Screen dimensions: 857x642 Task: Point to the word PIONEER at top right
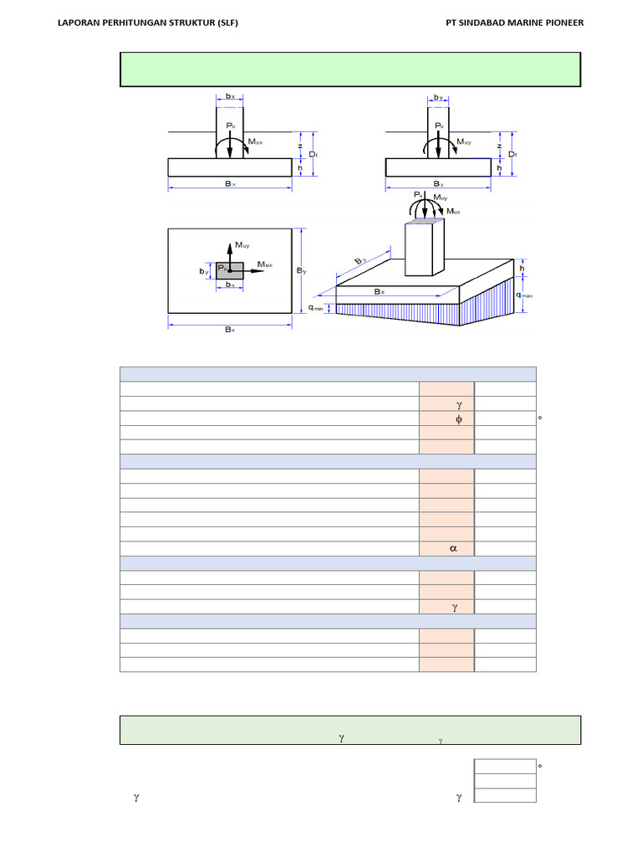(x=562, y=23)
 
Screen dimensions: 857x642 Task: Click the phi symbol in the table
(x=457, y=419)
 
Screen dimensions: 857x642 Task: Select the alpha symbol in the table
(x=453, y=549)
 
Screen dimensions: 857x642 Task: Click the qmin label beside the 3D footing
(x=316, y=309)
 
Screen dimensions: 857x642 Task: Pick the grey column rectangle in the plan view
(x=230, y=269)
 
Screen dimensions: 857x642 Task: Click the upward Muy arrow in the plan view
(x=230, y=251)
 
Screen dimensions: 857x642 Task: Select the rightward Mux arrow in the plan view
(x=251, y=271)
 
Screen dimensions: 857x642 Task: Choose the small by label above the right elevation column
(x=438, y=98)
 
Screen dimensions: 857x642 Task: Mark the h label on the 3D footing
(x=524, y=269)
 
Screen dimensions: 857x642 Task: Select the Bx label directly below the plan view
(x=230, y=330)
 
